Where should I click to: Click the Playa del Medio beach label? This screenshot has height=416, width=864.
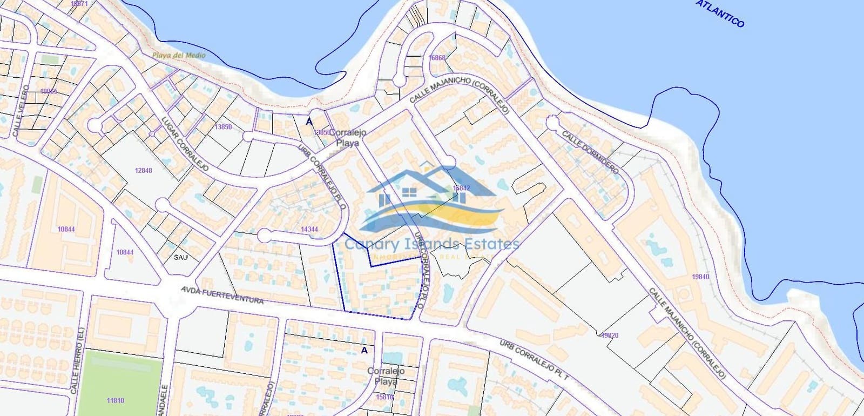click(x=179, y=55)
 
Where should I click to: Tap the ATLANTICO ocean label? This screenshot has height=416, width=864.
click(x=720, y=14)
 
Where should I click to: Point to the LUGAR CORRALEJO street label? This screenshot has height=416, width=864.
click(x=185, y=144)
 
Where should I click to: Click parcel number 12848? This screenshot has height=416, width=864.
click(x=144, y=170)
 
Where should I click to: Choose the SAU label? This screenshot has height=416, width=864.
click(x=181, y=257)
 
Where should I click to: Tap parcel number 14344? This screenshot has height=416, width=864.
click(x=309, y=229)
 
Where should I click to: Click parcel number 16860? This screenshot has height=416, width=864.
click(x=437, y=58)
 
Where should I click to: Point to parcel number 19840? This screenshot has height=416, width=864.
click(x=700, y=277)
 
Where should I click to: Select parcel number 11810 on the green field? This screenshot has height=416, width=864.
click(x=115, y=400)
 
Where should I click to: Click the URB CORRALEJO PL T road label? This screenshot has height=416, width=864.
click(x=534, y=361)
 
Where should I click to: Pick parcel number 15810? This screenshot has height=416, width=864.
click(x=385, y=397)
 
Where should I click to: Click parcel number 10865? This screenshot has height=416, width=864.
click(x=49, y=91)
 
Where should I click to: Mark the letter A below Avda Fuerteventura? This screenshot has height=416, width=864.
click(x=364, y=350)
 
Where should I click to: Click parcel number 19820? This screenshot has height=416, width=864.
click(x=610, y=335)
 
